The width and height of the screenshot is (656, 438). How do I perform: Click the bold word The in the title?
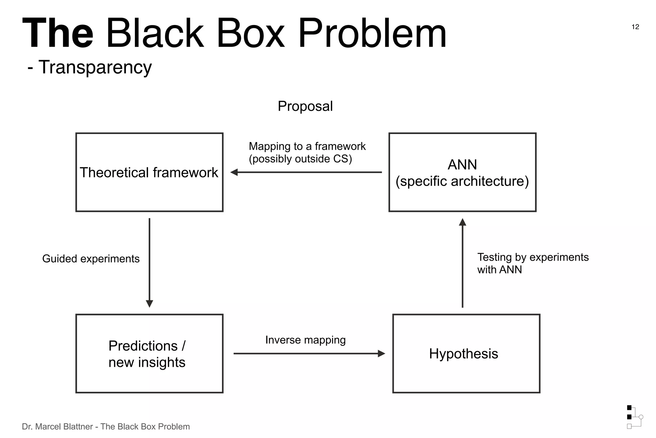pos(58,33)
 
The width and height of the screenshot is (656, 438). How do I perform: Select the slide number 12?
pos(635,27)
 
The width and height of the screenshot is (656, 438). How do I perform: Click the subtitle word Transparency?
pos(95,68)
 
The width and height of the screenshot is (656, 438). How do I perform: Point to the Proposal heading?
pos(305,106)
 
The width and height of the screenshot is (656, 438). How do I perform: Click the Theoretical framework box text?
pos(149,173)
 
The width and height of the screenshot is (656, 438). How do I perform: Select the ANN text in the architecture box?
pos(462,165)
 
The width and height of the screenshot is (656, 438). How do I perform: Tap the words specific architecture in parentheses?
pos(462,181)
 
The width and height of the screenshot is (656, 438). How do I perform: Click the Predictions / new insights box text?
pos(147,354)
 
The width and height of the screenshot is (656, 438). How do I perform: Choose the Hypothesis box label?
pos(463,354)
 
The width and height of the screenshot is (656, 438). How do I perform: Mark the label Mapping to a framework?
pos(307,146)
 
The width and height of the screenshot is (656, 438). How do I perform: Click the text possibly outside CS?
pos(300,159)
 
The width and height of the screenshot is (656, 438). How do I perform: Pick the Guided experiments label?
pos(91,259)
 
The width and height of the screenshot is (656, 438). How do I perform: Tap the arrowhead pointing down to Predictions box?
pos(149,303)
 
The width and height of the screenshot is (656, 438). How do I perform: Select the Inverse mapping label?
pos(305,340)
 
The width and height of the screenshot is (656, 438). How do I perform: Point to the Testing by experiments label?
pos(533,257)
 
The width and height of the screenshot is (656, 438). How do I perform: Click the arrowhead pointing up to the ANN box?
pos(462,222)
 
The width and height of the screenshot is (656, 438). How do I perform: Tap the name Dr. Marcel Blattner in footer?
pos(57,427)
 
